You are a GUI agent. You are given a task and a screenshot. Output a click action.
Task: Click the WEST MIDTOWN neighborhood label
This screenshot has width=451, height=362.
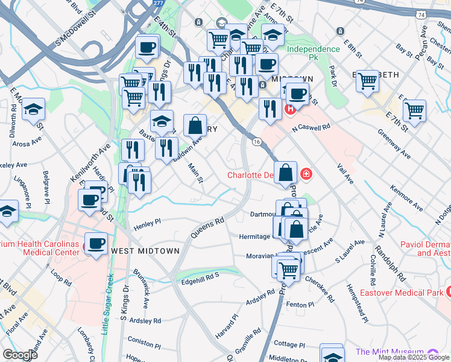tap(145, 250)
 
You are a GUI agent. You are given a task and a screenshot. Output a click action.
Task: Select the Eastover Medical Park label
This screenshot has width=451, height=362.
tap(402, 293)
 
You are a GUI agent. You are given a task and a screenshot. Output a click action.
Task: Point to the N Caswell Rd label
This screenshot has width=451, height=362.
tap(311, 127)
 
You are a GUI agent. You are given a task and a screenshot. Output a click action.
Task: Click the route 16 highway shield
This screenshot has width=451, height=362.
tap(257, 141)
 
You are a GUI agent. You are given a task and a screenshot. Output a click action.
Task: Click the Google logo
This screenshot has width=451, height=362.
tap(20, 355)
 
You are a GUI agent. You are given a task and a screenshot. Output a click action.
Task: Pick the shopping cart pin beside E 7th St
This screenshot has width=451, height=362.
tap(414, 110)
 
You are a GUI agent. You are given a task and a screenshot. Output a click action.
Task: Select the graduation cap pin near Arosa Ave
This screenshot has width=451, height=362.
tap(34, 109)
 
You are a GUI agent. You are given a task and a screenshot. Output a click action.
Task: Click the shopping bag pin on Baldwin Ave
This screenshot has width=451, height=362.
tap(195, 126)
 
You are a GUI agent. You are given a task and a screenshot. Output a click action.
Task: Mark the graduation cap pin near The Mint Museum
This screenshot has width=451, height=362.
tap(332, 355)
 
